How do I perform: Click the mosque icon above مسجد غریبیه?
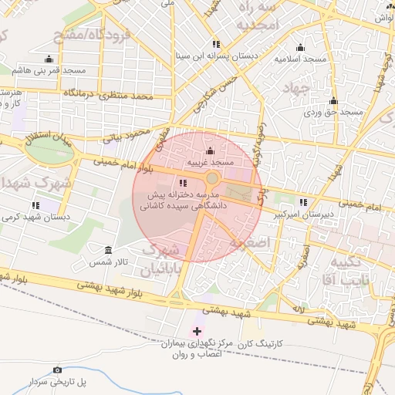tap(211, 151)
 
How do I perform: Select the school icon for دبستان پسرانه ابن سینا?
tap(215, 45)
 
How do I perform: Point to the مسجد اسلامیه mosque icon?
tap(300, 47)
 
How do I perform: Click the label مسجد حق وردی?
tap(333, 113)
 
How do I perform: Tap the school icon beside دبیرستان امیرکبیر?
tap(303, 202)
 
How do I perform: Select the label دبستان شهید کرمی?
tap(35, 218)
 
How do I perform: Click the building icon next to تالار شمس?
tap(107, 251)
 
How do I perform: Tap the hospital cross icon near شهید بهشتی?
tap(197, 331)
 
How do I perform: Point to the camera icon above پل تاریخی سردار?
tap(57, 370)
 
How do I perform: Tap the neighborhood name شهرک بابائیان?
tap(164, 259)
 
